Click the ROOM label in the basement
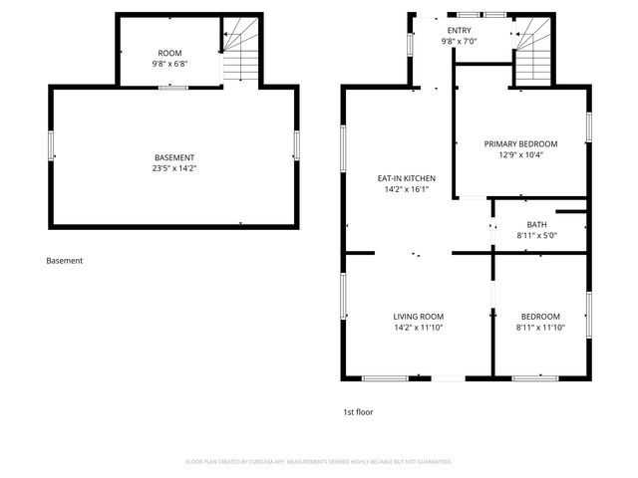(170, 52)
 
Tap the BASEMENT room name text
(174, 157)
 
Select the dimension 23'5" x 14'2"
(174, 168)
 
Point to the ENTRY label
(459, 31)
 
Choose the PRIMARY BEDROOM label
(521, 143)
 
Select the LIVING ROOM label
(418, 316)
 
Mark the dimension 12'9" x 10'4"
(521, 154)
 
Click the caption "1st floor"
(358, 411)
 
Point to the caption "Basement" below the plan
(65, 261)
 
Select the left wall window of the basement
(51, 144)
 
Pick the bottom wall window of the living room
(384, 377)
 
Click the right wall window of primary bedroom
(588, 126)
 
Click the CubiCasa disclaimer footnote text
(319, 462)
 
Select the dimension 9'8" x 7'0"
(459, 42)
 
